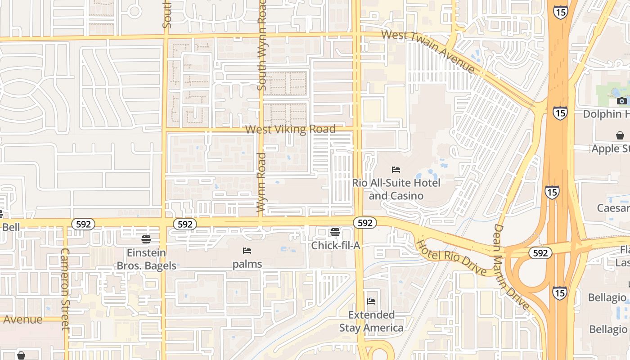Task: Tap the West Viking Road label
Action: [x=290, y=130]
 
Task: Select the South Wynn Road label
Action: [x=262, y=45]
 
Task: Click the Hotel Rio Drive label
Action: [x=451, y=258]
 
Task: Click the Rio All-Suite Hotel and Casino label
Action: [x=396, y=189]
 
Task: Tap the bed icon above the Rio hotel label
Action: [x=396, y=170]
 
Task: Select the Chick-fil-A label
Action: [x=336, y=246]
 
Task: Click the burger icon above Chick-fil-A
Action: [x=335, y=232]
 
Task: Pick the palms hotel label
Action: [x=247, y=264]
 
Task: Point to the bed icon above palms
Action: [x=247, y=251]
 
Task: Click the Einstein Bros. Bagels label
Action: [x=146, y=259]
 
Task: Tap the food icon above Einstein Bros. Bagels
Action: [x=146, y=239]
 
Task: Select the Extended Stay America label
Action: [x=371, y=321]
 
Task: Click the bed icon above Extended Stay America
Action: [x=371, y=301]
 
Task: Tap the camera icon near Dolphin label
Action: [x=621, y=101]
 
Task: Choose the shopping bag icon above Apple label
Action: [x=620, y=135]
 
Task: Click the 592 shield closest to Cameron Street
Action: [x=83, y=224]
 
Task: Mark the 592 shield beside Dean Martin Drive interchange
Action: [x=540, y=253]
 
